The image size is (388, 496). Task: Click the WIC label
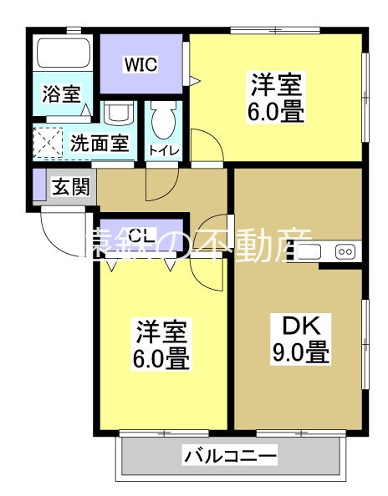pos(140,64)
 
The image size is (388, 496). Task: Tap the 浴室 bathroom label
pos(57,94)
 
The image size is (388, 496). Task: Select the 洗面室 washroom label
pos(100,143)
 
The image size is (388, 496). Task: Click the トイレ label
pos(161,150)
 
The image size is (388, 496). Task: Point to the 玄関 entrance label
pos(69,186)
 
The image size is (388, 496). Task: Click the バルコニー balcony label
pos(230,456)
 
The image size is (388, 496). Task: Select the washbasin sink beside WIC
pos(119,113)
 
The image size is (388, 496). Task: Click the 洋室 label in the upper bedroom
pos(275,85)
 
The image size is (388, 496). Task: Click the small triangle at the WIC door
pos(194,81)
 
